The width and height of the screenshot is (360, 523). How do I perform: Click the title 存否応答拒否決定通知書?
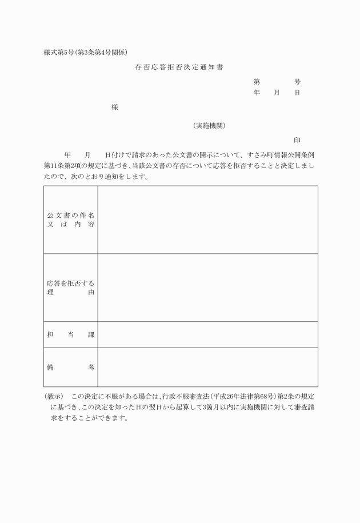(x=179, y=67)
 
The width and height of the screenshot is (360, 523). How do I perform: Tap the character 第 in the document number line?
(x=257, y=82)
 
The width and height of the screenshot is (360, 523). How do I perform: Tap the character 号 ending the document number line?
(x=297, y=82)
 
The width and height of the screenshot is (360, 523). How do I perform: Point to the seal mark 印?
(x=297, y=140)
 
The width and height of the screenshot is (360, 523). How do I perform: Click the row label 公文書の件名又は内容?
(x=70, y=219)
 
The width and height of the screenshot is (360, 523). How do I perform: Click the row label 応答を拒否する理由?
(x=70, y=288)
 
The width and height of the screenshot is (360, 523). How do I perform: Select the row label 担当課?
(x=70, y=334)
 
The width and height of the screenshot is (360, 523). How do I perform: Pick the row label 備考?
(x=70, y=368)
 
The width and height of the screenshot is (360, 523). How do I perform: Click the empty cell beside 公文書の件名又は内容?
(x=207, y=219)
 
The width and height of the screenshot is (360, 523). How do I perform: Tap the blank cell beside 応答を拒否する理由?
(x=207, y=288)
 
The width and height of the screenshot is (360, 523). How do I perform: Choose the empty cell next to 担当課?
(x=207, y=334)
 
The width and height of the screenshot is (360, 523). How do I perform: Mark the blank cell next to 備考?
(x=207, y=368)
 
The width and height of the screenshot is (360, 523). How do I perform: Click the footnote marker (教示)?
(x=53, y=396)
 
